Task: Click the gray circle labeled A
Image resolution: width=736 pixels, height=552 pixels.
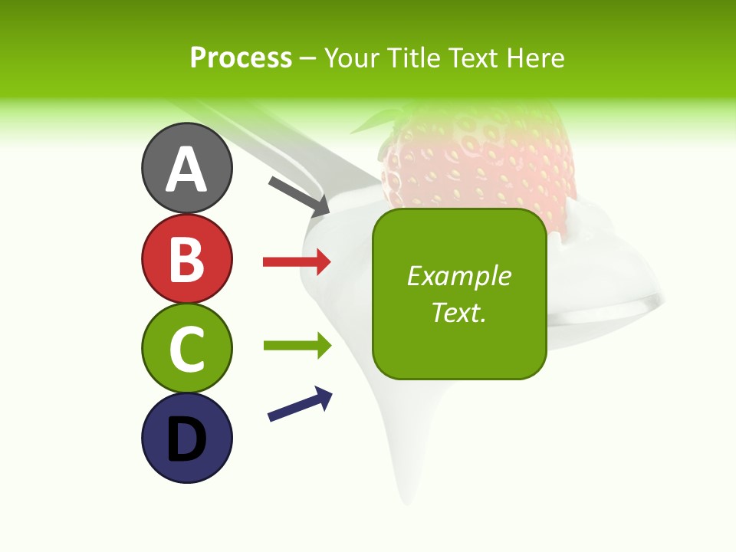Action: [187, 169]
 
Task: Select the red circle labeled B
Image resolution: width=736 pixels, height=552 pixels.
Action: [187, 258]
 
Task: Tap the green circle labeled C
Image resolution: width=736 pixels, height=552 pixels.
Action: [187, 348]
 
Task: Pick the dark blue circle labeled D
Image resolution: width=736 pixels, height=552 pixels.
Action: [187, 438]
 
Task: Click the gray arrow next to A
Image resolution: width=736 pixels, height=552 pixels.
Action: [299, 196]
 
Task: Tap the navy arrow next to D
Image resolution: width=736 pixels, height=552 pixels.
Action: [300, 404]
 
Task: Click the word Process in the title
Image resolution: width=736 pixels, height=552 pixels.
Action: [241, 58]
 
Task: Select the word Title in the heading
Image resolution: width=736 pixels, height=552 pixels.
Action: [411, 58]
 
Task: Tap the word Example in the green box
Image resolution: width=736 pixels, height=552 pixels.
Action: [459, 276]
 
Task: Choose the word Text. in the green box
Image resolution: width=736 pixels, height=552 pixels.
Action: [459, 312]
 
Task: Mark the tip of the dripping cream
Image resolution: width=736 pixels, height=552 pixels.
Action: [406, 498]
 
